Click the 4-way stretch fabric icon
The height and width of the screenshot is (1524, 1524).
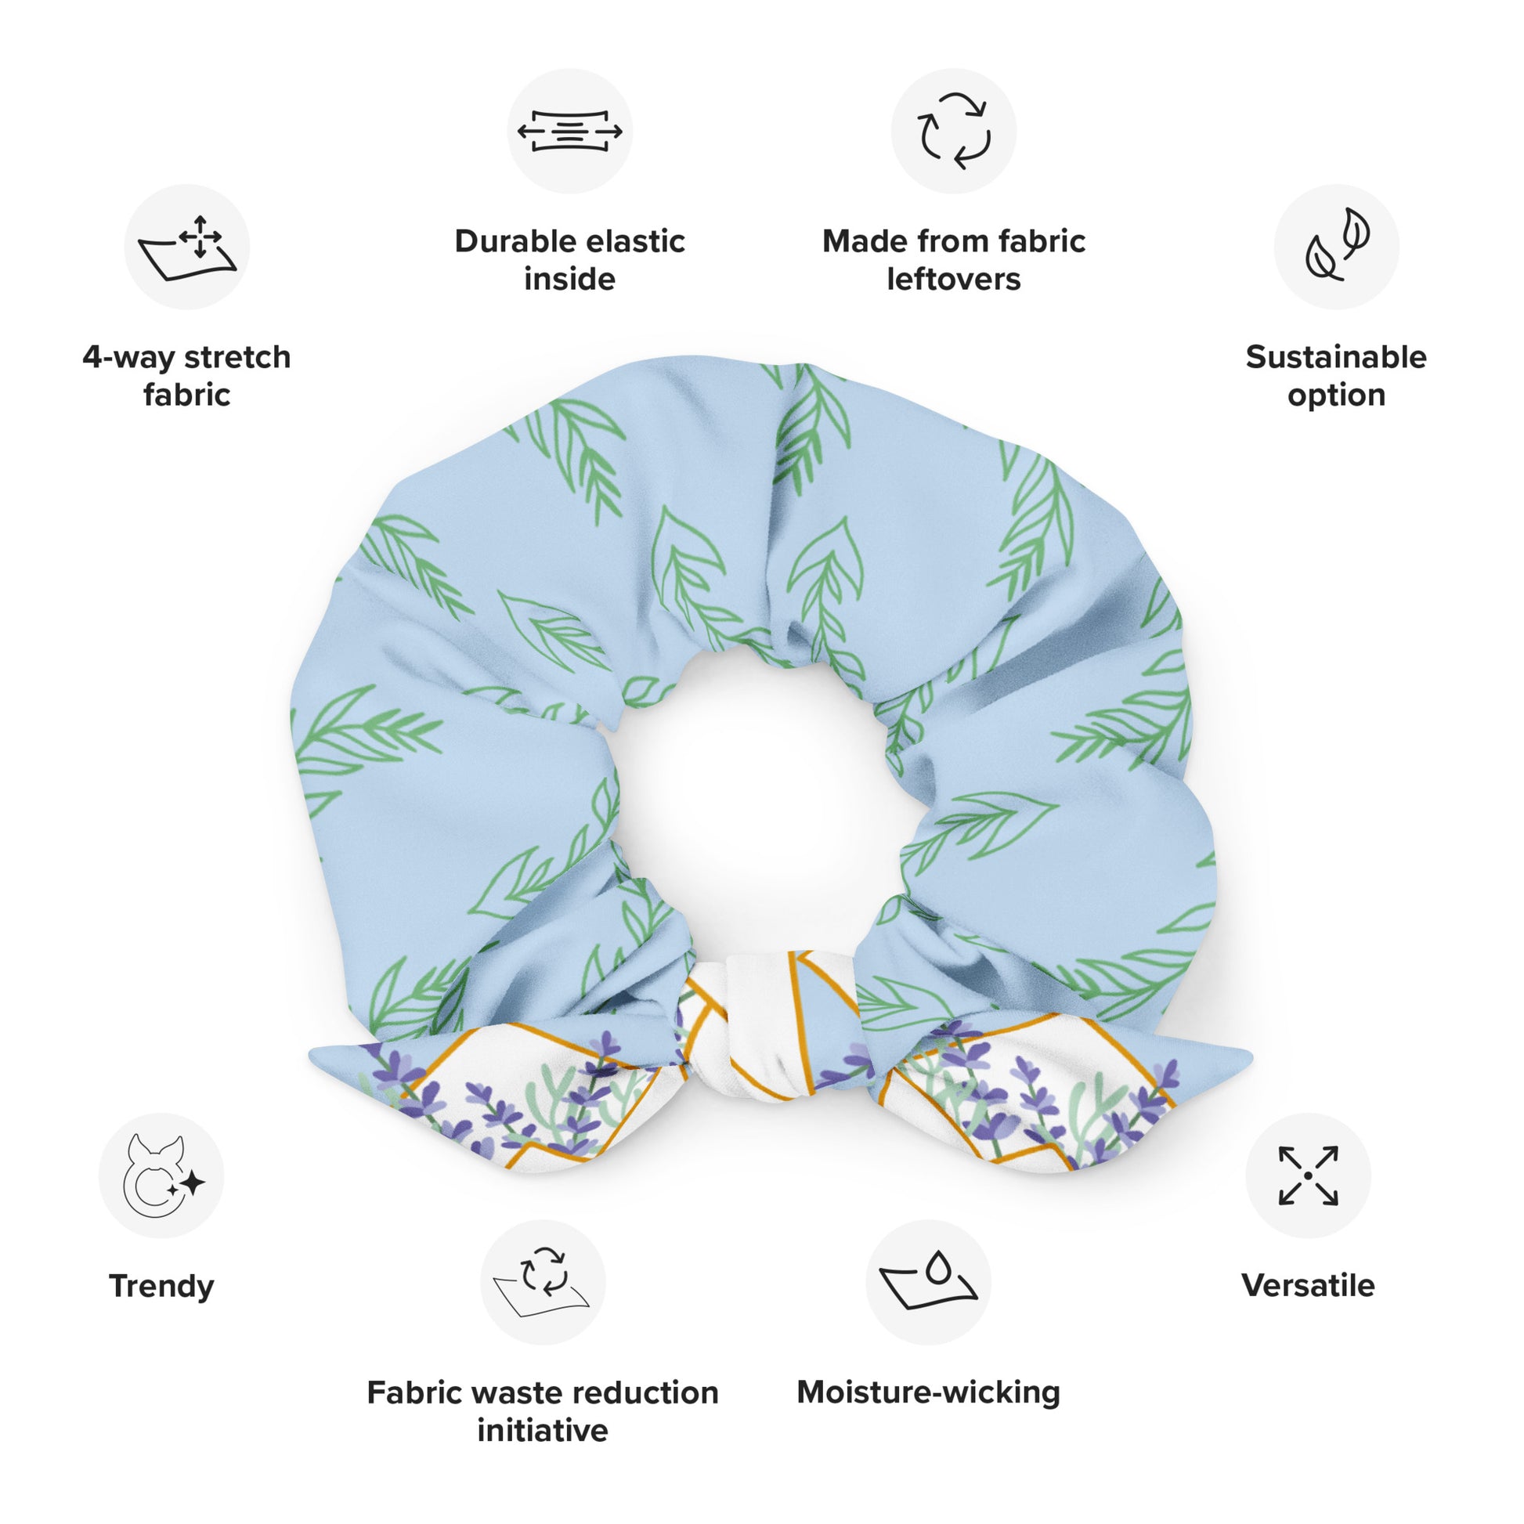[x=187, y=247]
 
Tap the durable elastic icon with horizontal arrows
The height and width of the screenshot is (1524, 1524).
[x=569, y=131]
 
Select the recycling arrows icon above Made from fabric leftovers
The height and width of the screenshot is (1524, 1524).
[x=954, y=131]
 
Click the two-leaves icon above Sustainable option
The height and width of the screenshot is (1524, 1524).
[x=1336, y=247]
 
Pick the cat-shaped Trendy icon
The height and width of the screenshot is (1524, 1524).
[x=161, y=1176]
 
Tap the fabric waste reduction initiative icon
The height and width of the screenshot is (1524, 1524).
[x=543, y=1282]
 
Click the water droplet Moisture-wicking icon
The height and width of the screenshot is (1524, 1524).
[x=929, y=1282]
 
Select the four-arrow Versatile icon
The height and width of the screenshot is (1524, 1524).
[x=1308, y=1176]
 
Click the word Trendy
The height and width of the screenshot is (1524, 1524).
[x=161, y=1287]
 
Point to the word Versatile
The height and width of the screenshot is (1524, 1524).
[x=1308, y=1287]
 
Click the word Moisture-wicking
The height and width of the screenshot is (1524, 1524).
[x=929, y=1392]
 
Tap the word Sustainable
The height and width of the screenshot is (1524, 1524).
[x=1336, y=357]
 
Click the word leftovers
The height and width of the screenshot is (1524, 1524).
[x=954, y=280]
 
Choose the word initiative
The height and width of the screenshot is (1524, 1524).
[x=543, y=1431]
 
